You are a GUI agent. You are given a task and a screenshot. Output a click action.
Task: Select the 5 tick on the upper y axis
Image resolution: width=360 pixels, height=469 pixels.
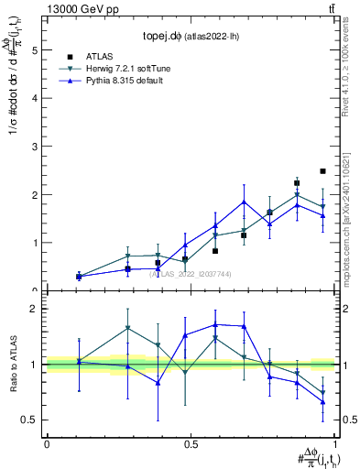(x=36, y=50)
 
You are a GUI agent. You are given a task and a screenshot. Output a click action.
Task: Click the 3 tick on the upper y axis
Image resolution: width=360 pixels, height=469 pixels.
(x=36, y=147)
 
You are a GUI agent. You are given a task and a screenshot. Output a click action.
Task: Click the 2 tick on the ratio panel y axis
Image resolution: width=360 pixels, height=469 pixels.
(x=36, y=309)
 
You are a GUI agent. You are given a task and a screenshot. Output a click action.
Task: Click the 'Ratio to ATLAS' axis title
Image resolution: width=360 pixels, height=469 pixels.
(x=12, y=364)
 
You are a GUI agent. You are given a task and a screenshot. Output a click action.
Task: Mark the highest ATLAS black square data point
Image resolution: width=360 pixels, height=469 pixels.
(x=322, y=171)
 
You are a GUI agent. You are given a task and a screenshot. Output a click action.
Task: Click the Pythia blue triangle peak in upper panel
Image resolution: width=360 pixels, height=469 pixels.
(x=244, y=202)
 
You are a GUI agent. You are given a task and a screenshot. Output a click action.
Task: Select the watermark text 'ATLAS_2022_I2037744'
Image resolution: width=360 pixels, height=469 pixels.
(x=191, y=273)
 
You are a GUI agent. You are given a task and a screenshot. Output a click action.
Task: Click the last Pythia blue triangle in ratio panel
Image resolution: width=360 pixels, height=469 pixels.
(x=322, y=401)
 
